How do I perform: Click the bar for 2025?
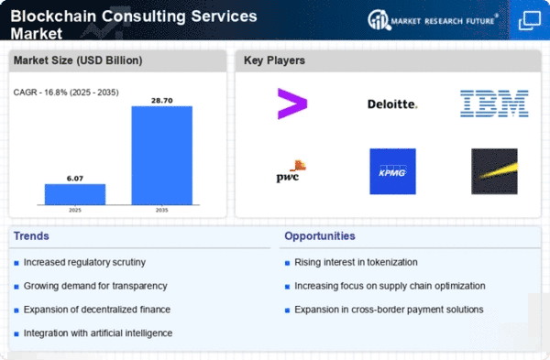click(x=75, y=194)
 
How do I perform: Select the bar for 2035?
click(x=161, y=156)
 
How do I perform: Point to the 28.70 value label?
click(x=161, y=101)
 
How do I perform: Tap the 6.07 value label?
click(x=75, y=179)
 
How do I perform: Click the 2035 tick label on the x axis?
click(x=161, y=210)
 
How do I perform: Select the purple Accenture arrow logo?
click(x=292, y=104)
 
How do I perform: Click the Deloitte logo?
click(x=392, y=104)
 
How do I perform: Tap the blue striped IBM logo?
click(x=494, y=104)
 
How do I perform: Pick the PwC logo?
click(x=291, y=171)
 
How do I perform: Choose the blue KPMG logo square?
click(x=392, y=171)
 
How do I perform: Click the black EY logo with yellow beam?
click(x=494, y=171)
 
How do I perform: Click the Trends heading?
click(x=31, y=236)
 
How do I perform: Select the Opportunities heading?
click(x=320, y=236)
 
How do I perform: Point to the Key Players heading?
click(x=274, y=60)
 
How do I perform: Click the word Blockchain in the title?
click(x=53, y=16)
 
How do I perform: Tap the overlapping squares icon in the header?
click(x=530, y=21)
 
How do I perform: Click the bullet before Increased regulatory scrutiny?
click(x=16, y=263)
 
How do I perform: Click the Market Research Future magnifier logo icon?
click(x=379, y=20)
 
